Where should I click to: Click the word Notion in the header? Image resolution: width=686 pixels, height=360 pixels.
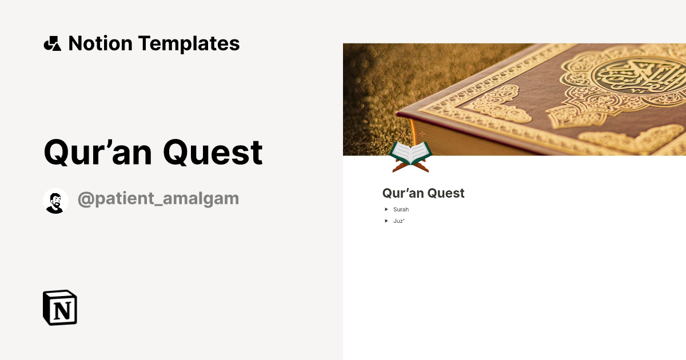coord(100,43)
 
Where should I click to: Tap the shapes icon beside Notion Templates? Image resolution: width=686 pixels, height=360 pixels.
coord(52,43)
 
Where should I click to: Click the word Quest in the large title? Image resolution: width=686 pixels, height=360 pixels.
coord(213,153)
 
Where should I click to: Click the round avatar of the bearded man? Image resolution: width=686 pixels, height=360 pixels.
coord(55,201)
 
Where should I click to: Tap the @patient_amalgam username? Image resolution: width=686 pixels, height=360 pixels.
coord(158,199)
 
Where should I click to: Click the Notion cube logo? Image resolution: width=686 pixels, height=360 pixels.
coord(60,307)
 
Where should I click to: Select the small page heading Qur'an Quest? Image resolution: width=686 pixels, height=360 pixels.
coord(423,193)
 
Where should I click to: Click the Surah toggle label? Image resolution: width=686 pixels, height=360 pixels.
coord(401,210)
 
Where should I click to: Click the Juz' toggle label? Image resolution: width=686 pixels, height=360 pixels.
coord(398,221)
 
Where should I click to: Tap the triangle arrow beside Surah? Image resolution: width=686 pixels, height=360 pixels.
coord(386,210)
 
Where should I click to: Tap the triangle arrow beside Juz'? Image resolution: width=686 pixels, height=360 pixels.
coord(386,221)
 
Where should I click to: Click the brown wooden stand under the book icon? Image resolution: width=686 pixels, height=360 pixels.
coord(410,166)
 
